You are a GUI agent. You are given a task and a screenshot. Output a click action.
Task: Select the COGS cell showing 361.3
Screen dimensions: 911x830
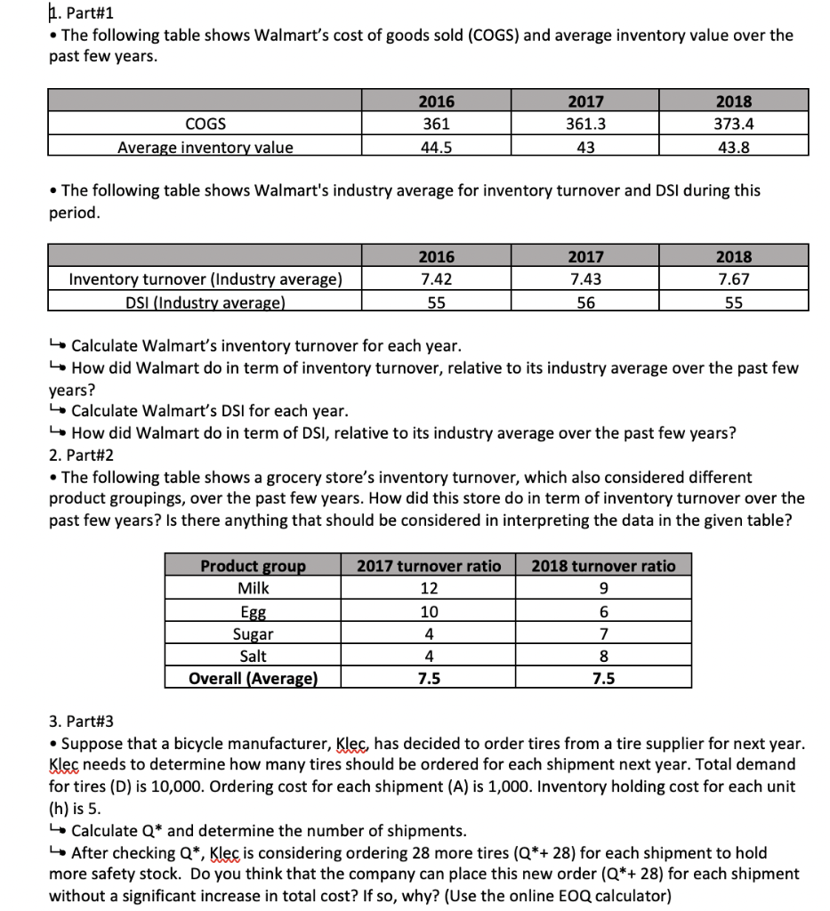(585, 125)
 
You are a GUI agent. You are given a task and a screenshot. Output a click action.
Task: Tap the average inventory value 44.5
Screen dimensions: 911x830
(436, 148)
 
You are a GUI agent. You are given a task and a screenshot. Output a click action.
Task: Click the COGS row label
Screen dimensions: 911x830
(205, 125)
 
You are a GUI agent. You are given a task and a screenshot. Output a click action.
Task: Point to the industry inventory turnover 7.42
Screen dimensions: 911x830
(436, 279)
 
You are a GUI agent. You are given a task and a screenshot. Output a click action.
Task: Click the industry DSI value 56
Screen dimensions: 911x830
(585, 302)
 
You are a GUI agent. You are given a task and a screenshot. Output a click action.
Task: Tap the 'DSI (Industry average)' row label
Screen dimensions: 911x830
(205, 302)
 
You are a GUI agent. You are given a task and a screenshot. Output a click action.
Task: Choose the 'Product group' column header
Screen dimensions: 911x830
(253, 566)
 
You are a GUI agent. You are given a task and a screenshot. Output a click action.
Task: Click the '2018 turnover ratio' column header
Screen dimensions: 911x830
(604, 566)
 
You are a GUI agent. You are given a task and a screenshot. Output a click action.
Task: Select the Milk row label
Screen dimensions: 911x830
(253, 589)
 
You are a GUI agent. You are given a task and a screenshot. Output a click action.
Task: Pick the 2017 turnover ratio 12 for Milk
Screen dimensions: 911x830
(429, 589)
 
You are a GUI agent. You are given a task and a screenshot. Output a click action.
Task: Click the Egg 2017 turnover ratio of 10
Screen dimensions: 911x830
(429, 612)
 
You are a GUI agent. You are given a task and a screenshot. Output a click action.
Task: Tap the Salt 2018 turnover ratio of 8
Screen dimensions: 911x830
(604, 657)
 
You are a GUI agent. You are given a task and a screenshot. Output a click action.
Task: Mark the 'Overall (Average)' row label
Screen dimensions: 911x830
(253, 679)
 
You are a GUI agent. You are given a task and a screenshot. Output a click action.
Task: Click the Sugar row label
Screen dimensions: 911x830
(253, 634)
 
